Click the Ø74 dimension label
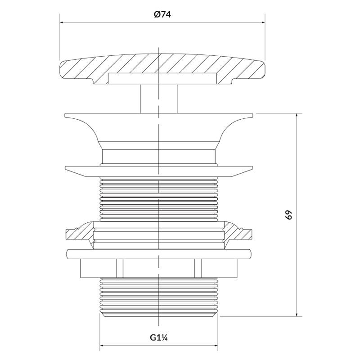click(162, 15)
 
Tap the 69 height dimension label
click(289, 215)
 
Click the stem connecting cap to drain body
click(159, 99)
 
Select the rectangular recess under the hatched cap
click(162, 78)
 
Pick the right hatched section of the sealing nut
click(238, 234)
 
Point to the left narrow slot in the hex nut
click(120, 268)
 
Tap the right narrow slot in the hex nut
click(198, 268)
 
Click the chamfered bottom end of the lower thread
click(159, 314)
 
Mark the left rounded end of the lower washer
click(69, 254)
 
